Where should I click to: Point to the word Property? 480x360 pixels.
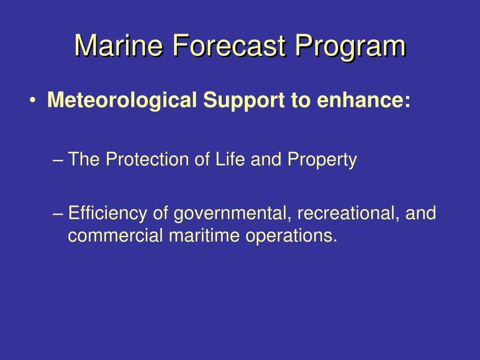[x=322, y=161]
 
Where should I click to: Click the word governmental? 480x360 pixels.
[x=230, y=213]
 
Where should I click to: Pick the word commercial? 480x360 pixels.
[x=115, y=236]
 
